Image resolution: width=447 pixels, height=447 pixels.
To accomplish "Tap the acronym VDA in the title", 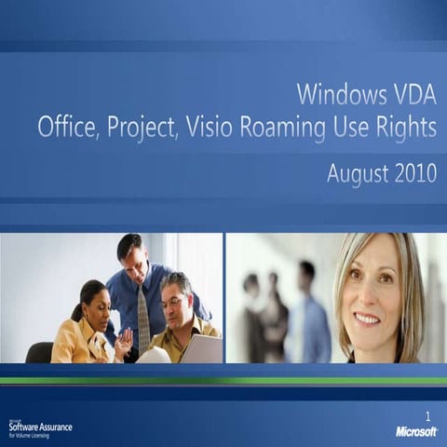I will click(412, 94).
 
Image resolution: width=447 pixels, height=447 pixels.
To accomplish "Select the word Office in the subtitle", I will click(66, 128).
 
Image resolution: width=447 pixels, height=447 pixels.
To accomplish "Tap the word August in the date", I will click(359, 174).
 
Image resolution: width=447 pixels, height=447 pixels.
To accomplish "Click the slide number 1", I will click(427, 415).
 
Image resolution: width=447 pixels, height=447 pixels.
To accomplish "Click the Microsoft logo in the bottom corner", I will click(416, 432).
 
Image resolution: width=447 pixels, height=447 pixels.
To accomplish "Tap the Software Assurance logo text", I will click(42, 427).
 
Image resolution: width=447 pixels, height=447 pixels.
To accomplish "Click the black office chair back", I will click(39, 352).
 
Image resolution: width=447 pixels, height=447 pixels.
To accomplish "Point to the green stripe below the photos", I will click(223, 380).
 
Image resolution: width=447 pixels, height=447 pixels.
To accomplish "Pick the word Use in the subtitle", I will click(354, 128).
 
